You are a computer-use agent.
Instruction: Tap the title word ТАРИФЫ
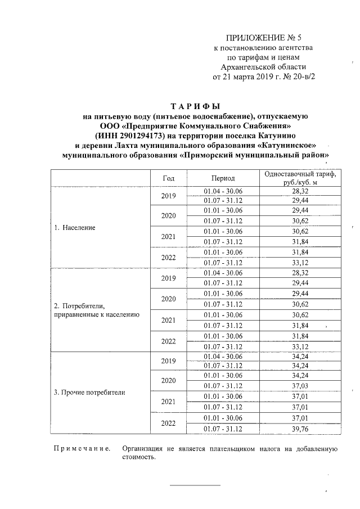pos(194,106)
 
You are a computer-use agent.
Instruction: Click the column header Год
pos(168,178)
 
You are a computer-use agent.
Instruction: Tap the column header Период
pos(223,178)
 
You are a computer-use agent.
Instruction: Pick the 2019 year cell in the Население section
pos(169,196)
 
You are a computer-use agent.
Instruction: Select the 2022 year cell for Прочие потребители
pos(169,424)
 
